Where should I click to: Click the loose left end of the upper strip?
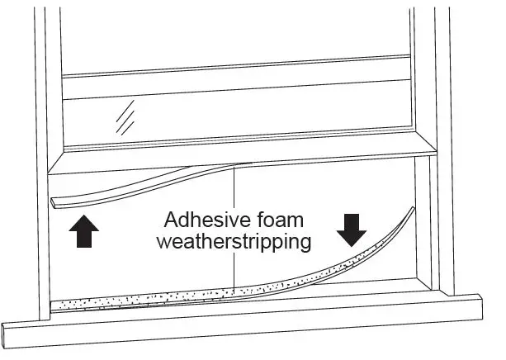[56, 201]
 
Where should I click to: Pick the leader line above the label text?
[235, 187]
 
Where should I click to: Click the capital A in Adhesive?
[170, 221]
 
